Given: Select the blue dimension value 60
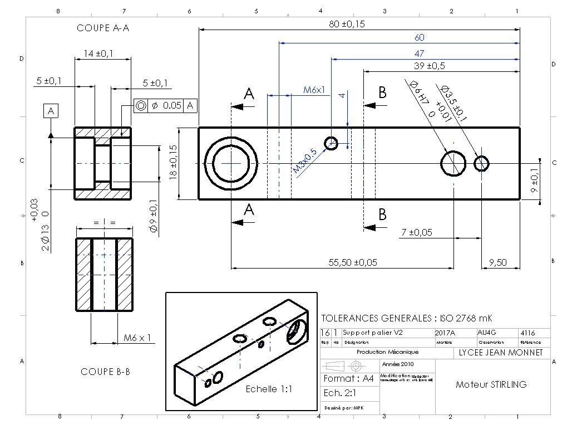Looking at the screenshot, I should point(419,38).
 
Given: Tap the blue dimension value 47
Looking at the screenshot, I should point(419,53).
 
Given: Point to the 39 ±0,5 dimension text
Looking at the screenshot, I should point(430,66).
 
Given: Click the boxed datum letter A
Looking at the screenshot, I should point(51,111).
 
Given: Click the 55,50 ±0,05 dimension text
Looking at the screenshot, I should point(353,262).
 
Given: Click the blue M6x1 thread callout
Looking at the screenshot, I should point(314,89).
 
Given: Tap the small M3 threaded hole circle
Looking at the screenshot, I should point(332,143).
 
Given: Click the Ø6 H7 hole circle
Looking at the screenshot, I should point(454,163).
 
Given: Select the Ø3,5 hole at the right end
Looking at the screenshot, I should point(481,163).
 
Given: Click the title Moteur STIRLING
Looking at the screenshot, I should point(491,384).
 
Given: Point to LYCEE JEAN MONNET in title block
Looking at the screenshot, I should point(500,352).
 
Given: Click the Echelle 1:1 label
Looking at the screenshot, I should point(269,389).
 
